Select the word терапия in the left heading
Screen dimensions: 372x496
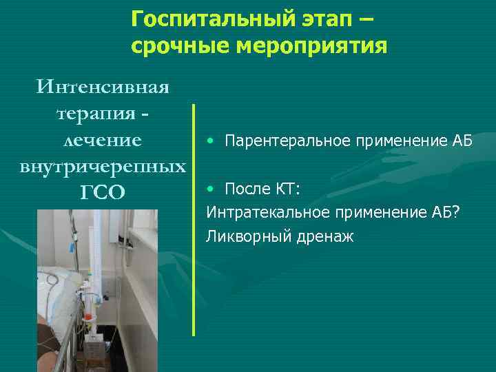point(95,114)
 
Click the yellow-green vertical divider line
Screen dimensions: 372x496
point(194,220)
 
